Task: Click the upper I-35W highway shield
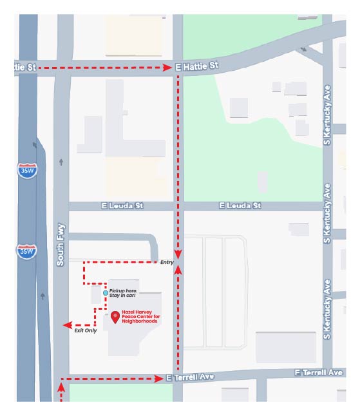tap(27, 170)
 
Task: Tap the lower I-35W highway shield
tap(27, 251)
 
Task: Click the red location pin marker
tap(115, 317)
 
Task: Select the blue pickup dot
tap(106, 292)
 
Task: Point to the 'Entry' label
tap(166, 262)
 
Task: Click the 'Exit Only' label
tap(86, 330)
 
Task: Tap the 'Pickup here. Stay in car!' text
tap(122, 292)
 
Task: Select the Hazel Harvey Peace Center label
tap(140, 317)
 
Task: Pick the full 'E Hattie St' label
tap(197, 66)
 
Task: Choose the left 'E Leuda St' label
tap(122, 205)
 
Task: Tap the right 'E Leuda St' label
tap(240, 205)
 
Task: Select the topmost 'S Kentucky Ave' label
tap(328, 114)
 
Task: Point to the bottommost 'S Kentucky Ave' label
tap(328, 309)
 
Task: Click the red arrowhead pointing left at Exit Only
tap(66, 326)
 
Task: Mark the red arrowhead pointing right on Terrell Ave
tap(160, 379)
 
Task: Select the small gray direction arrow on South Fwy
tap(61, 162)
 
